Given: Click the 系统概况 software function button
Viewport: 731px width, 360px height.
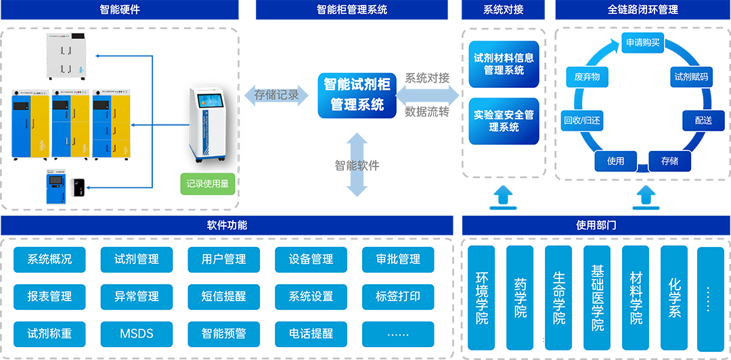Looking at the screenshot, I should pos(49,259).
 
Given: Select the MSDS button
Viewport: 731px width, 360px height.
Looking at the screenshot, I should pos(137,334).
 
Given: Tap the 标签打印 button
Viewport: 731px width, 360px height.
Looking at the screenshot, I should pos(398,296).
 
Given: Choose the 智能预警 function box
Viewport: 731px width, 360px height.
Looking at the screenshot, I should pos(224,334).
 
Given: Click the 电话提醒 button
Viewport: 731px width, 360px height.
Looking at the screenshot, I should pos(311,334).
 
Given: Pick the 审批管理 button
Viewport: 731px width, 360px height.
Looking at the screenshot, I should pos(398,259).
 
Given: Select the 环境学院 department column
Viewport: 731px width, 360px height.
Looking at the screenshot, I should pos(481,298).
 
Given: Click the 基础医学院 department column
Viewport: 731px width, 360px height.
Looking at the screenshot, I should pos(597,298).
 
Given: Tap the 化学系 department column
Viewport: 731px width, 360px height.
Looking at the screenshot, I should pos(673,298).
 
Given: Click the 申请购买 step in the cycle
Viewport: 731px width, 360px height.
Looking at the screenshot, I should pos(643,43).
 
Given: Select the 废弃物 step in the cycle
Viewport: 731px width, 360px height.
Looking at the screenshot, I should pos(587,76).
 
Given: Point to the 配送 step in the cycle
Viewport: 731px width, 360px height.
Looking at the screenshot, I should pos(703,120).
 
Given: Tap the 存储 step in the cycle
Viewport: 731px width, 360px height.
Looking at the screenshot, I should pos(669,161).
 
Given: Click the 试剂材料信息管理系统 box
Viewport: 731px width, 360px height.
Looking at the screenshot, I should pos(504,64).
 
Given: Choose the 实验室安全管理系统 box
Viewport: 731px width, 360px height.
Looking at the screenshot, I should pos(504,121).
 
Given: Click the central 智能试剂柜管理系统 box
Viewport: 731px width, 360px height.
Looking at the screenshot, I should pos(357,94).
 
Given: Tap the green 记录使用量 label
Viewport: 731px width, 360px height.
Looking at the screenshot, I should pos(207,183).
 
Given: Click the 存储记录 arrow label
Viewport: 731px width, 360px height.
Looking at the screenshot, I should pos(276,95).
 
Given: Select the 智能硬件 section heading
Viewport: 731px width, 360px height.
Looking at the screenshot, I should pos(120,9).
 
